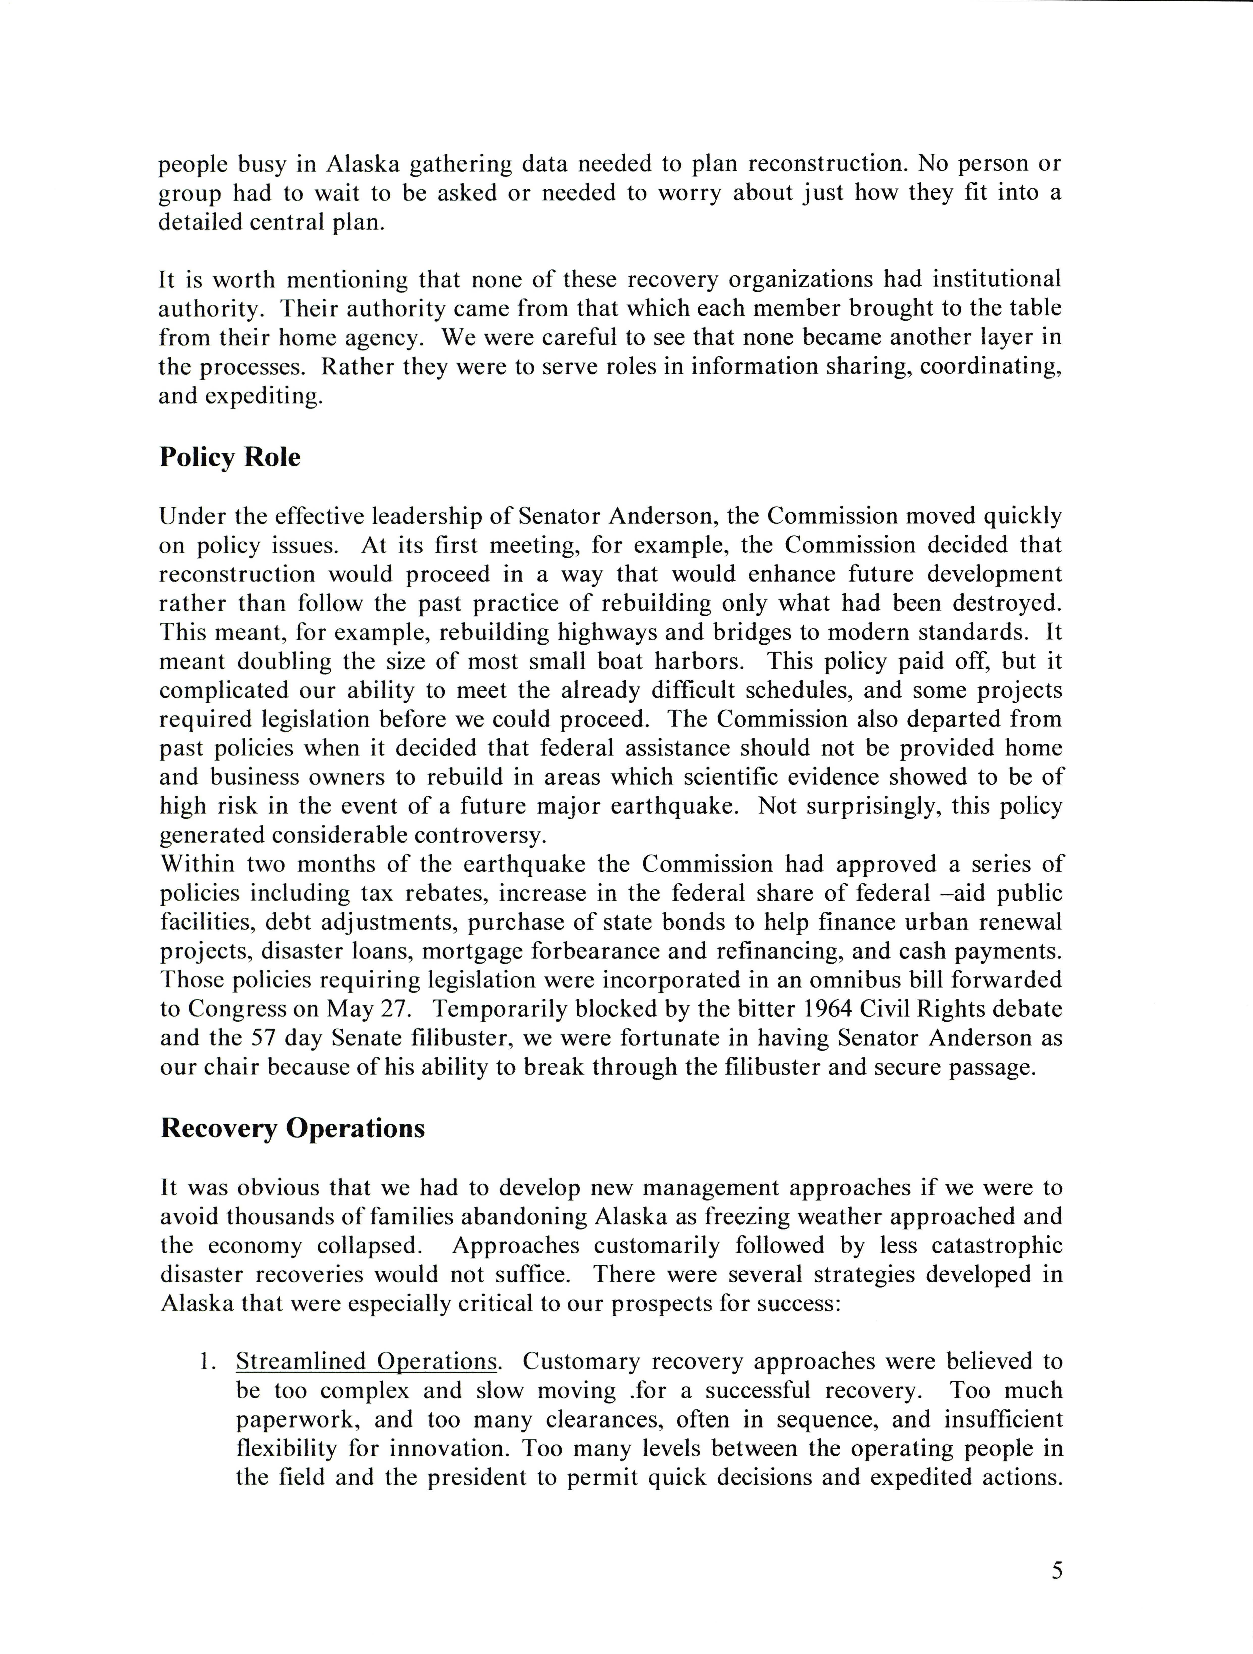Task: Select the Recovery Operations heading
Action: tap(292, 1128)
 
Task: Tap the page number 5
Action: tap(1056, 1571)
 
